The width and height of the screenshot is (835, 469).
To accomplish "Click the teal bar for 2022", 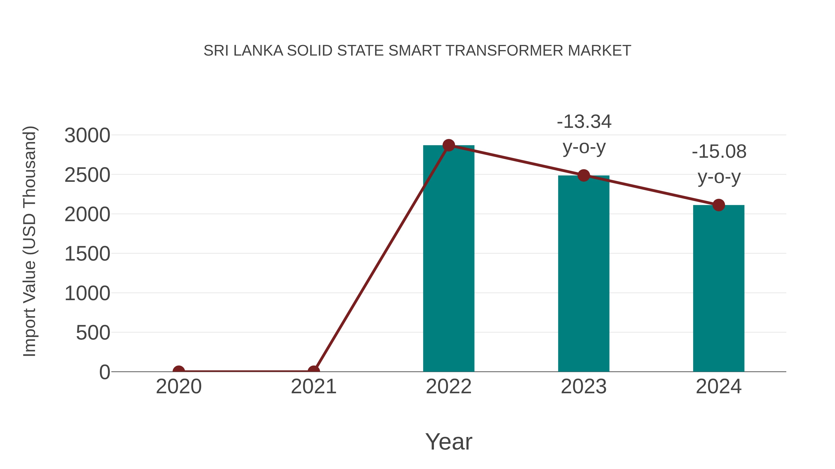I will (x=449, y=259).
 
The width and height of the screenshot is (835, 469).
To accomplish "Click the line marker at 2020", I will (x=179, y=371).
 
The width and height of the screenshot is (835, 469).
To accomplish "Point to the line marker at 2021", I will (x=313, y=371).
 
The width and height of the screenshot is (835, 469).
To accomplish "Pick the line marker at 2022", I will (x=449, y=145).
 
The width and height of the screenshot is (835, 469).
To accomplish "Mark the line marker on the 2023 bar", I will (x=584, y=175).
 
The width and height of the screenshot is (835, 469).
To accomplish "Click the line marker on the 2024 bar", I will (x=719, y=205).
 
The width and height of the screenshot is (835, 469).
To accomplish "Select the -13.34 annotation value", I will (x=584, y=122).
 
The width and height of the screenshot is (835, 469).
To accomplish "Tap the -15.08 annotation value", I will (x=719, y=152).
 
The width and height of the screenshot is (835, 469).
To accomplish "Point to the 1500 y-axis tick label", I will (x=87, y=254).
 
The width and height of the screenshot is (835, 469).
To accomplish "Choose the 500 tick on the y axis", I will (x=93, y=333).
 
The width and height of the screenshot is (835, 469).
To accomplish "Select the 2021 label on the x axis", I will (x=313, y=387).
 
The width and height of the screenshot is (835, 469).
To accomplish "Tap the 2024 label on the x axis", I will (x=719, y=387).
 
